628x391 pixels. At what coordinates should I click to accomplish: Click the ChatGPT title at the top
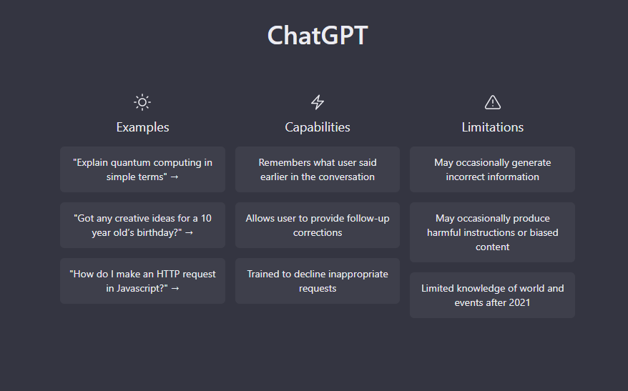pyautogui.click(x=318, y=35)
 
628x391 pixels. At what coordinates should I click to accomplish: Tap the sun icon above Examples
pyautogui.click(x=142, y=102)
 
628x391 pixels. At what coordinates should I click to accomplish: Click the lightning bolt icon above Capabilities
pyautogui.click(x=318, y=102)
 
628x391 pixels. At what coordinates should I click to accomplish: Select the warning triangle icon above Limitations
pyautogui.click(x=493, y=102)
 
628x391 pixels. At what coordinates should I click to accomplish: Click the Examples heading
pyautogui.click(x=142, y=127)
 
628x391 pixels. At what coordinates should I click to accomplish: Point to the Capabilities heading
pyautogui.click(x=318, y=127)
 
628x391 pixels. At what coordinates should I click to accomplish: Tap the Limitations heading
pyautogui.click(x=493, y=127)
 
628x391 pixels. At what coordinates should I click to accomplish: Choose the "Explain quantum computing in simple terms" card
pyautogui.click(x=142, y=169)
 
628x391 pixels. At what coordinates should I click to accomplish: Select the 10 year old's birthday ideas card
pyautogui.click(x=142, y=225)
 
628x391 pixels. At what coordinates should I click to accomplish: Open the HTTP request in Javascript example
pyautogui.click(x=142, y=281)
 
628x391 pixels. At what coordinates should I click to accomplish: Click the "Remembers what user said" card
pyautogui.click(x=318, y=169)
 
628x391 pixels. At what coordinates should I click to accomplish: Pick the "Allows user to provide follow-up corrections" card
pyautogui.click(x=318, y=225)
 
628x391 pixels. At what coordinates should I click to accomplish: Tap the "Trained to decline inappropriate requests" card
pyautogui.click(x=318, y=281)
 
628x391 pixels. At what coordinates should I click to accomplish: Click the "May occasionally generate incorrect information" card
pyautogui.click(x=492, y=169)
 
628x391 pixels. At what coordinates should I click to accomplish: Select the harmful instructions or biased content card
pyautogui.click(x=492, y=232)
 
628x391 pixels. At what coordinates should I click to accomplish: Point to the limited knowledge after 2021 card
pyautogui.click(x=492, y=295)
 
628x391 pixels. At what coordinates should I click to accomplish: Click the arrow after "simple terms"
pyautogui.click(x=175, y=177)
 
